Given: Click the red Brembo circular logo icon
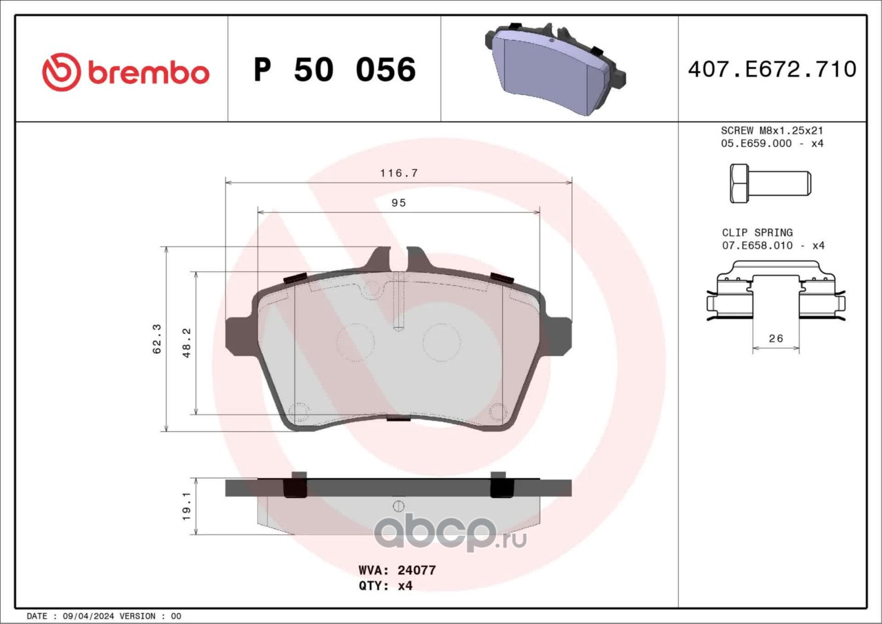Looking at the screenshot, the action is click(x=61, y=72).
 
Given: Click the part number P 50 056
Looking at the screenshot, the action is click(x=335, y=70).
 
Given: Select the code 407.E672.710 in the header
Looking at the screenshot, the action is click(x=772, y=70).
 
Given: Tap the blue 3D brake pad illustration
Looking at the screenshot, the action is click(x=555, y=70).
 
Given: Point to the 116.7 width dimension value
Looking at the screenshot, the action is click(x=398, y=173).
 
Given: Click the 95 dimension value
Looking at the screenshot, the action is click(x=398, y=202).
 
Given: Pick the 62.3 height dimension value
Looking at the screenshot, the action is click(x=156, y=339).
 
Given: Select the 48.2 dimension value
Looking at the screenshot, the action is click(x=187, y=343).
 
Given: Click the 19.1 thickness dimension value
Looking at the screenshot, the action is click(x=187, y=506).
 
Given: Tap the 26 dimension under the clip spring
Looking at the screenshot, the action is click(x=776, y=338).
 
